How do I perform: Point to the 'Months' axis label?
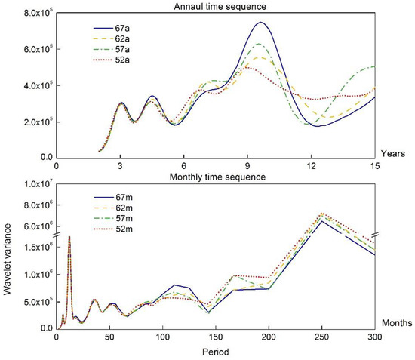394,324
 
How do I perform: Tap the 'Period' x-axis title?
216,352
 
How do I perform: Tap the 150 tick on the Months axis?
216,337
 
